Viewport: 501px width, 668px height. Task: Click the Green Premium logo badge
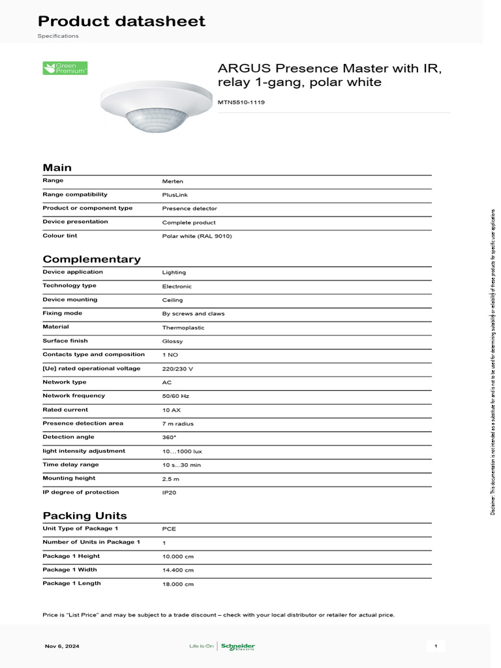pos(65,68)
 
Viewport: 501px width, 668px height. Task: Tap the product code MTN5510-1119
pos(241,102)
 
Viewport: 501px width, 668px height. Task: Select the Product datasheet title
pos(121,22)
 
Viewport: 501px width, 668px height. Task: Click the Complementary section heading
pos(91,259)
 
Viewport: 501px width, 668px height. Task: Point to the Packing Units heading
pos(85,515)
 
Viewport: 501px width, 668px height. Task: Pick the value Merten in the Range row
pos(172,181)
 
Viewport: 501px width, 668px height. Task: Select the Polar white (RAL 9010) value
pos(197,235)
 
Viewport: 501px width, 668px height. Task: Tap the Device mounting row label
pos(70,299)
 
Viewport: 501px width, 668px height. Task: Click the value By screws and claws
pos(193,314)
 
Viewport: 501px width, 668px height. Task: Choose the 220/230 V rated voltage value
pos(177,369)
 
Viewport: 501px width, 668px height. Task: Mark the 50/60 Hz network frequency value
pos(177,396)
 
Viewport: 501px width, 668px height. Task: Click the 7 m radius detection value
pos(178,423)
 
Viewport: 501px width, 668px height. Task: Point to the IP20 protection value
pos(170,493)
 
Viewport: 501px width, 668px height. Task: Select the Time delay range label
pos(70,464)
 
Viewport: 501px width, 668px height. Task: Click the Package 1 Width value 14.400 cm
pos(178,570)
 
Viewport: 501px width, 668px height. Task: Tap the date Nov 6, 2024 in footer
pos(62,646)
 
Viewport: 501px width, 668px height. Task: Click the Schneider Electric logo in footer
pos(237,646)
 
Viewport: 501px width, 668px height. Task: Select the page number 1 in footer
pos(436,646)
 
